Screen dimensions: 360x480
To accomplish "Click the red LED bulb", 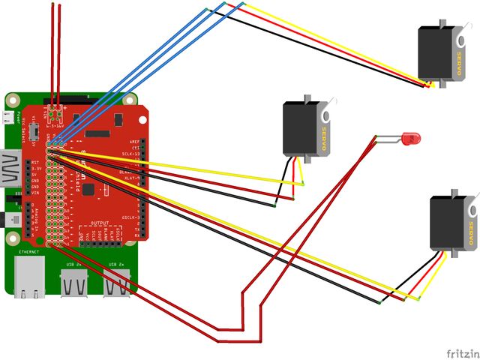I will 411,139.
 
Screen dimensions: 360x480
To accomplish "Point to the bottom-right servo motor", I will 450,223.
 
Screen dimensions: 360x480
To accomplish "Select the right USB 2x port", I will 116,280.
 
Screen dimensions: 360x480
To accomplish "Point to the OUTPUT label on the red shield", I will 99,223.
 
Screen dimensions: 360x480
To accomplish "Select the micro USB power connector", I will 7,118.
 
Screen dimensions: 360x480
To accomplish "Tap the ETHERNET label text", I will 28,253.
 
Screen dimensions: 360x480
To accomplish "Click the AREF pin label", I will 135,141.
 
